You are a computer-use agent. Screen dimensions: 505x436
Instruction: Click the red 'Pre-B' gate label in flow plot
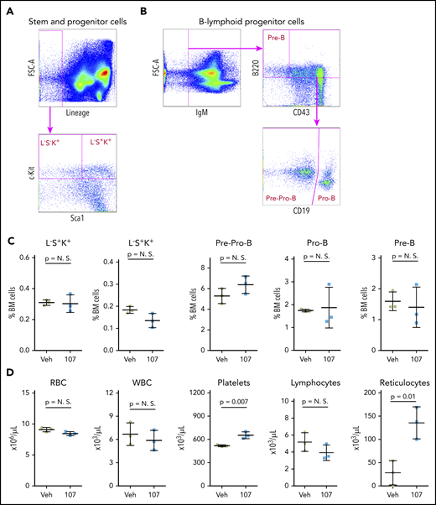click(x=277, y=38)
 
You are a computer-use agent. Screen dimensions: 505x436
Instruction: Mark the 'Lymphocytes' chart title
click(x=319, y=379)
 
